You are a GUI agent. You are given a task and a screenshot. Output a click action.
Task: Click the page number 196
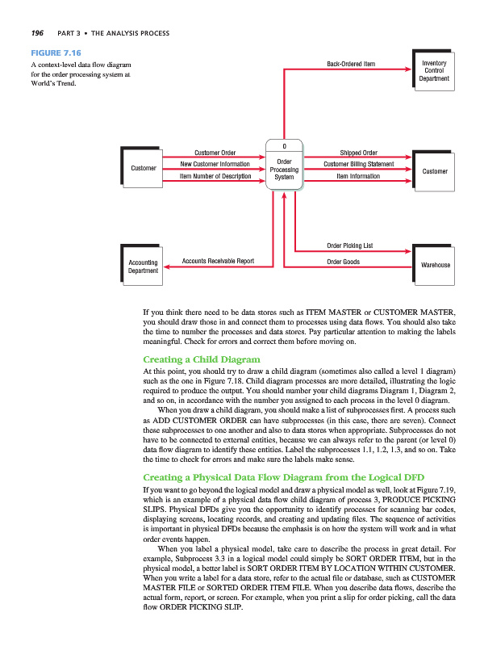point(36,33)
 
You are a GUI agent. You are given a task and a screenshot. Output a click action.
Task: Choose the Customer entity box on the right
point(435,171)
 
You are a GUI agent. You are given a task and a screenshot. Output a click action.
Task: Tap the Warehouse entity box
point(435,265)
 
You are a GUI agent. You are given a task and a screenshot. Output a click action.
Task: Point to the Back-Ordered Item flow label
point(352,63)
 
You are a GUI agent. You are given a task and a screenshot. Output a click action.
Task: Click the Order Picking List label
point(349,244)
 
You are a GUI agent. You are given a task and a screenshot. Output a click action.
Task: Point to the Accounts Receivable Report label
point(218,262)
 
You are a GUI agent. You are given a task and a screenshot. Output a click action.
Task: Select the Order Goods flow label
point(343,262)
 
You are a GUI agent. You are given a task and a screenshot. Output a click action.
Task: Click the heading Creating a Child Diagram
point(200,359)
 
